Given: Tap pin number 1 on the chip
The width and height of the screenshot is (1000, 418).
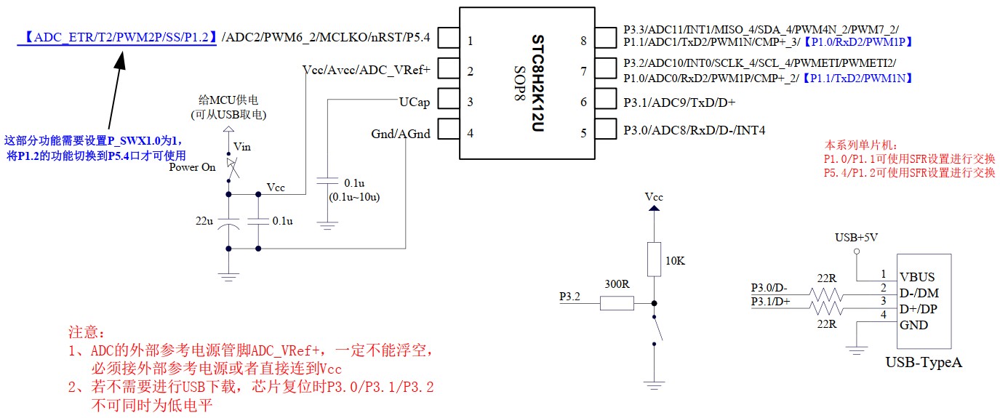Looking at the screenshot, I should (471, 41).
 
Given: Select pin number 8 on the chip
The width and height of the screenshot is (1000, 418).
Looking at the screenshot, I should (583, 41).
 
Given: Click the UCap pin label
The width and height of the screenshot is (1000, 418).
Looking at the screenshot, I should (414, 102).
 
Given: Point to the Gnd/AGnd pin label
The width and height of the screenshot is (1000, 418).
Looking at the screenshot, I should (401, 133).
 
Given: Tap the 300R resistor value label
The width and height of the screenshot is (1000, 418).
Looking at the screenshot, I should (617, 284).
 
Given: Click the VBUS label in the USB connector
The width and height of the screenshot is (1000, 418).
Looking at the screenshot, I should (917, 277).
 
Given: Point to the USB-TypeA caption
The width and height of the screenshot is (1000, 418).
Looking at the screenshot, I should (923, 361).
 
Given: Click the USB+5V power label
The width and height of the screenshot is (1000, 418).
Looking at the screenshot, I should (856, 237).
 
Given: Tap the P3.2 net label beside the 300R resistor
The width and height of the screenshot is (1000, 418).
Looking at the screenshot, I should (569, 297).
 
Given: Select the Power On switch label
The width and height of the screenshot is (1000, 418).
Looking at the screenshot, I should (192, 167).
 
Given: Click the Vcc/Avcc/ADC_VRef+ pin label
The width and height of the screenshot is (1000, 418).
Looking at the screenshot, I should (367, 70).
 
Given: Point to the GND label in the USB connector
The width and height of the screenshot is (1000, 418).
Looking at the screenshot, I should (913, 325).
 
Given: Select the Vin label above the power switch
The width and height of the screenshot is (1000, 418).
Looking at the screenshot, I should (241, 147).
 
